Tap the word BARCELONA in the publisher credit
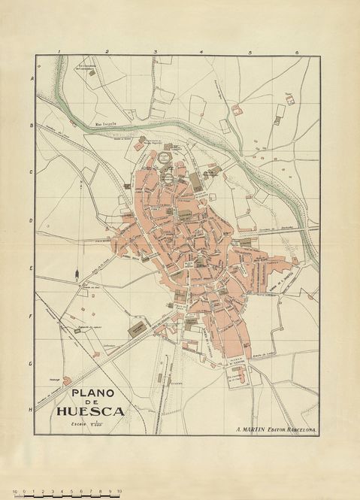301,429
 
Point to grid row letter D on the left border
32,220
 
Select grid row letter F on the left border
32,316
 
